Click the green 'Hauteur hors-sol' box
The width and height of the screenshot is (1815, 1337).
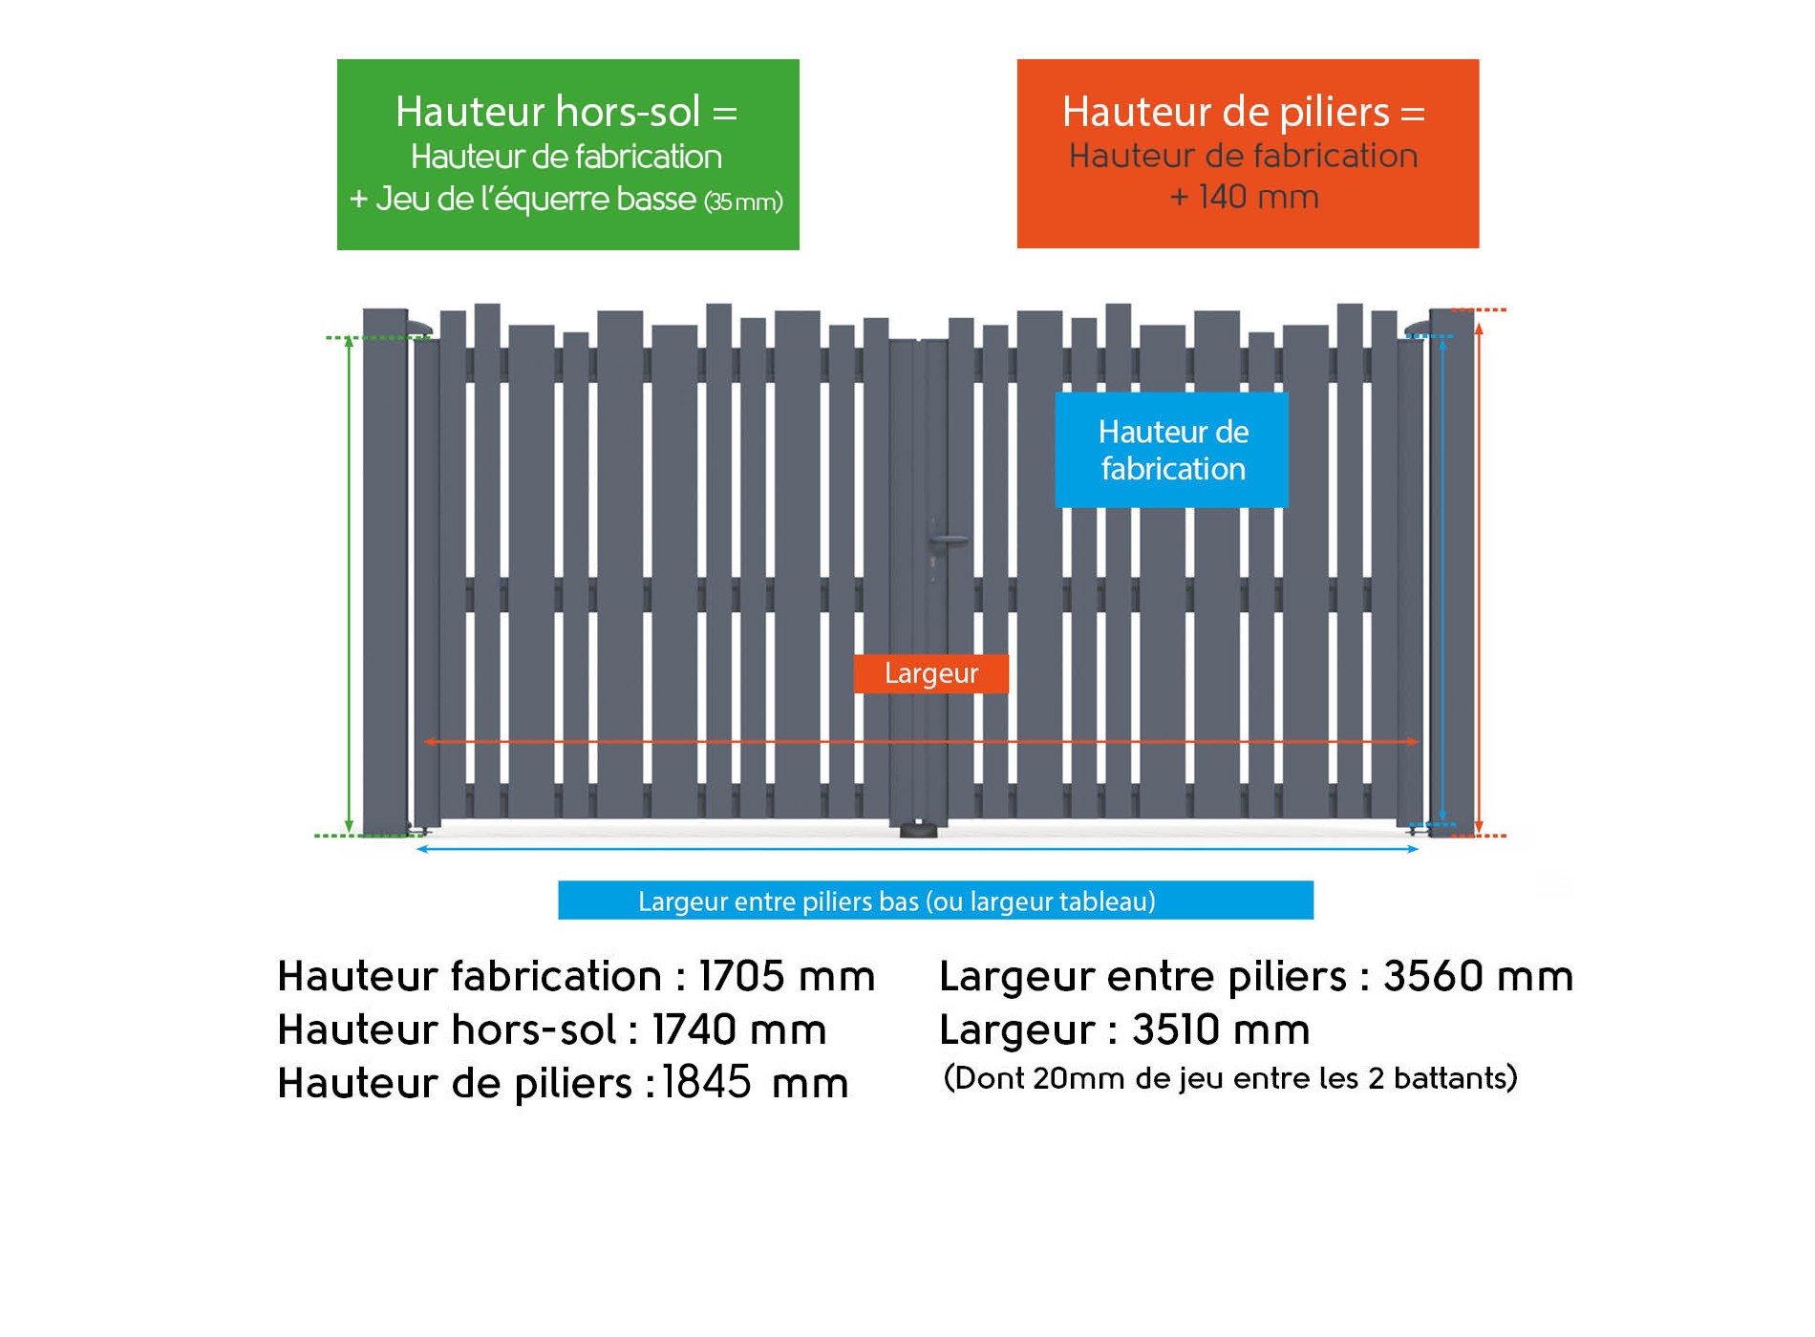point(567,155)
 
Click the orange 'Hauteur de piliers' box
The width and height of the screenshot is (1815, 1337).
point(1248,154)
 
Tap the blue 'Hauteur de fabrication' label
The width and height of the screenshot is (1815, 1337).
point(1172,450)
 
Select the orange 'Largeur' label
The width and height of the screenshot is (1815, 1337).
point(931,673)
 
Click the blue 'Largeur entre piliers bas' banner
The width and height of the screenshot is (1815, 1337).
point(935,901)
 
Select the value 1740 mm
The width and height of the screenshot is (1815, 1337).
point(739,1029)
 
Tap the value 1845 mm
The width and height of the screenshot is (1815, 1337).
point(756,1082)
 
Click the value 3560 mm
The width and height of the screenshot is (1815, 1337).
point(1478,976)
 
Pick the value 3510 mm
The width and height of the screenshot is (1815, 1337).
point(1221,1029)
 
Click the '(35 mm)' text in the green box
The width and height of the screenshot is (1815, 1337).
point(743,202)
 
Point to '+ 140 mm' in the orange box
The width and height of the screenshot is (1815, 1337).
point(1245,197)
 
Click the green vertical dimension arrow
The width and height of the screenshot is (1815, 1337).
point(350,585)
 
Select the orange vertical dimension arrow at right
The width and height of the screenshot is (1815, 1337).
point(1479,578)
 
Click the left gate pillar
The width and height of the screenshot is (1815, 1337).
point(385,572)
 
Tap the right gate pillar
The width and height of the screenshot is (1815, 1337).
point(1452,572)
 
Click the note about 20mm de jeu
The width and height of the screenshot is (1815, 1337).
point(1230,1078)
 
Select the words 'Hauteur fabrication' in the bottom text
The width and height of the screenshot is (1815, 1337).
point(469,976)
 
